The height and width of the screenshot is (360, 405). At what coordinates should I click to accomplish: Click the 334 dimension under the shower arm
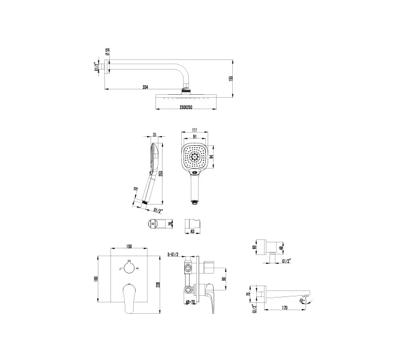[145, 88]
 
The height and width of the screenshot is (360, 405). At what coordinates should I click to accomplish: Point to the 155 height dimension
[231, 78]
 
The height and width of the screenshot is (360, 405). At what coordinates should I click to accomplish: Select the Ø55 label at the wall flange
[107, 52]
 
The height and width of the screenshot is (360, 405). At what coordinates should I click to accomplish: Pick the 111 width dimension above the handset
[194, 130]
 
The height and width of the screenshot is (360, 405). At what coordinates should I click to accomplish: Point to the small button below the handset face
[194, 176]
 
